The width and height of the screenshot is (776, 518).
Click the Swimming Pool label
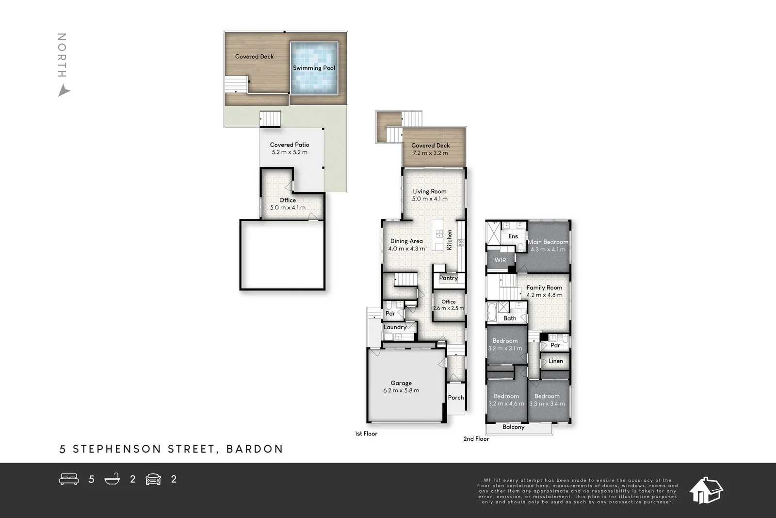click(314, 68)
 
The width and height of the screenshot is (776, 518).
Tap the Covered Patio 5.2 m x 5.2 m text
click(290, 149)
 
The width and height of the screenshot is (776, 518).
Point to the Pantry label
click(448, 278)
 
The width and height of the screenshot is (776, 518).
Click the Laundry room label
click(395, 327)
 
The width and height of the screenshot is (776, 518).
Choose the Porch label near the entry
click(456, 398)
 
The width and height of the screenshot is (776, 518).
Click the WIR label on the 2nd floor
click(500, 260)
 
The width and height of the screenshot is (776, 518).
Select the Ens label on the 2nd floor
click(513, 236)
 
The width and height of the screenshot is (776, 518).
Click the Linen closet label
click(556, 361)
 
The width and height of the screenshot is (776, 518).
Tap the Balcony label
click(513, 427)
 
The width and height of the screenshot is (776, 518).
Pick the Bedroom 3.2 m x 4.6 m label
click(506, 400)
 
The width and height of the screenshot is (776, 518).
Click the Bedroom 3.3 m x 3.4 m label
click(547, 400)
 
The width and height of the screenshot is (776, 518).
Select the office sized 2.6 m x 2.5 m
click(448, 305)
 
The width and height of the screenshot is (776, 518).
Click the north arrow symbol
click(64, 91)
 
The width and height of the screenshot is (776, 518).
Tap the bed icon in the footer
click(69, 479)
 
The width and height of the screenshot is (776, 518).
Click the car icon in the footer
click(153, 479)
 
